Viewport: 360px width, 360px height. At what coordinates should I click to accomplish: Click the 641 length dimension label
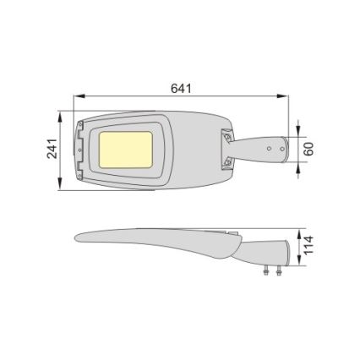coord(181,88)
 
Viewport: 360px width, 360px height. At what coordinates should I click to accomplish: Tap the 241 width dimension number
coord(51,150)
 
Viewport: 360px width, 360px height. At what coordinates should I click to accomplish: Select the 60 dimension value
coord(309,148)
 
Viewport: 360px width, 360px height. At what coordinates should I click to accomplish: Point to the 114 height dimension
coord(309,245)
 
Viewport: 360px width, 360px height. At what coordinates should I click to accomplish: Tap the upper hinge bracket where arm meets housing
coord(228,134)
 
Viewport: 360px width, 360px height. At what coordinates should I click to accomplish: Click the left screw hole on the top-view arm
coord(269,148)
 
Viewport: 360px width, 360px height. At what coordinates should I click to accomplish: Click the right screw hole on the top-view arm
coord(280,148)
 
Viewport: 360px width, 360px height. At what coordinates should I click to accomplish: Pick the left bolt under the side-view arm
coord(266,270)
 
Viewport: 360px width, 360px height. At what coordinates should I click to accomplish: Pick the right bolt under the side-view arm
coord(275,270)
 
